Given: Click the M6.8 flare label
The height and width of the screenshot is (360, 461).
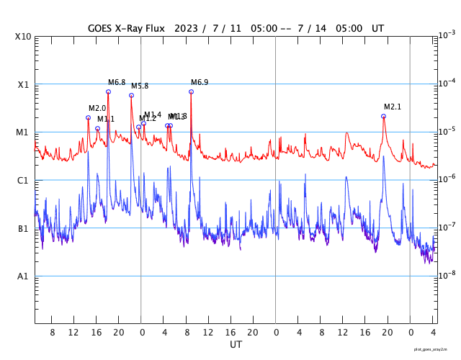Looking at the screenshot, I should [x=117, y=82].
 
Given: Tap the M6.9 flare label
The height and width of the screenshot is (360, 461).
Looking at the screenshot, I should [x=200, y=82].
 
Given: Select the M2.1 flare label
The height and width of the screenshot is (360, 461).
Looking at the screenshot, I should [x=393, y=107].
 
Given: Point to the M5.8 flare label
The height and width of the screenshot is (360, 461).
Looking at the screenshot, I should [x=140, y=86].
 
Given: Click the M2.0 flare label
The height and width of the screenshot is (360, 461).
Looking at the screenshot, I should [x=97, y=108].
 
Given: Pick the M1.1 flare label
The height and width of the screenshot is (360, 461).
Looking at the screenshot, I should [x=106, y=119].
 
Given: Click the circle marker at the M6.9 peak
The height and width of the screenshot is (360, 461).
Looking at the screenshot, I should [x=191, y=91].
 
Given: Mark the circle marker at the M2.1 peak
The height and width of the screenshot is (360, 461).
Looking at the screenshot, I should [x=383, y=116].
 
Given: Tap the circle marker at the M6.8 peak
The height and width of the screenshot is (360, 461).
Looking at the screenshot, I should [x=108, y=91].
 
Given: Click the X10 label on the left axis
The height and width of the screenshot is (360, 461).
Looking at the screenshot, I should [x=24, y=36].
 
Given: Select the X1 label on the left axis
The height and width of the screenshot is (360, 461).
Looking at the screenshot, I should [x=24, y=84].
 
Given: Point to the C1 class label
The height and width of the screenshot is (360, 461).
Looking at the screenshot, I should [x=24, y=180].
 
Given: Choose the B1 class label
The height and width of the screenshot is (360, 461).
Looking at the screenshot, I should [x=24, y=228].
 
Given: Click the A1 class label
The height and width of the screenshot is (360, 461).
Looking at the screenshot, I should [x=24, y=276].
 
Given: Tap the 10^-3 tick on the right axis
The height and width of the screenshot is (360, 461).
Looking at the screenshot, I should [x=447, y=35].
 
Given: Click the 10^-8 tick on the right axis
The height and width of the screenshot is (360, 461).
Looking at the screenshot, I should [x=447, y=275].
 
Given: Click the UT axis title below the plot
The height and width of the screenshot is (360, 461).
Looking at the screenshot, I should [x=236, y=345].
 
